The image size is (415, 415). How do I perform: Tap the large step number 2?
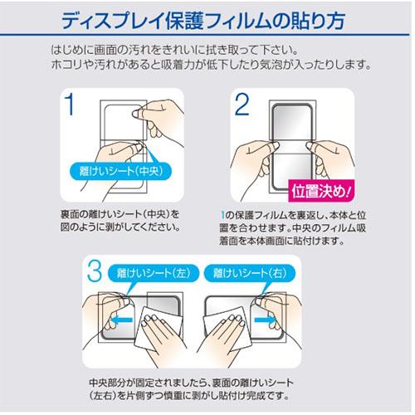click(x=242, y=104)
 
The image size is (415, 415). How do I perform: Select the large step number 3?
click(x=95, y=271)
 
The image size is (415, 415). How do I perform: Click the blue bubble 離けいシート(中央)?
click(x=120, y=171)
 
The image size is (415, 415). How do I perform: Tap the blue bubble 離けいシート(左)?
click(x=154, y=273)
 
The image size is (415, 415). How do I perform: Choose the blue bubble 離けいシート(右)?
click(x=250, y=273)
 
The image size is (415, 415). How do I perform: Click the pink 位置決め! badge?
click(x=321, y=191)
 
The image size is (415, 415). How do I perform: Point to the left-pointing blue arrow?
click(x=121, y=320)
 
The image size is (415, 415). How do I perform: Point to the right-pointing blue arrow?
click(x=265, y=320)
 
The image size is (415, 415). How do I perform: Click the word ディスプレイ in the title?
click(x=112, y=21)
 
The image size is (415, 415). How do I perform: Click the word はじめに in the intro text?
click(x=72, y=50)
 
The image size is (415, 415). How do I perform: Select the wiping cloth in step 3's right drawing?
click(x=227, y=328)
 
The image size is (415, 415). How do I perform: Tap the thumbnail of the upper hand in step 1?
click(x=135, y=114)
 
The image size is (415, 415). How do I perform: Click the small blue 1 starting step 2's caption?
click(x=222, y=215)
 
